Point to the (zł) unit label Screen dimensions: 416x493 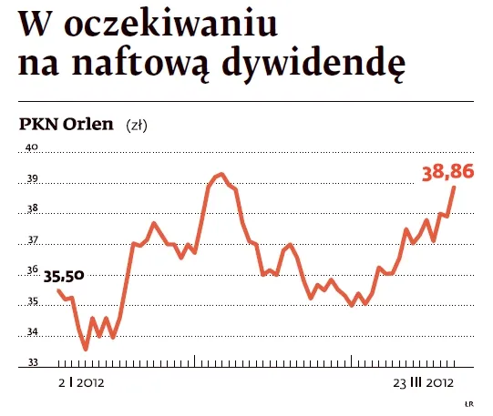tap(137, 125)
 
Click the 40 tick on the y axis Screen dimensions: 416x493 tap(31, 147)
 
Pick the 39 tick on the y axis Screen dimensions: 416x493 tap(31, 178)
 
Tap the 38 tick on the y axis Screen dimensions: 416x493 tap(31, 209)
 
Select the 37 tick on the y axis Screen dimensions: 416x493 tap(31, 240)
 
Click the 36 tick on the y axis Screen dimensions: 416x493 tap(31, 270)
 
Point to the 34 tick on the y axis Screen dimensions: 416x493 tap(31, 332)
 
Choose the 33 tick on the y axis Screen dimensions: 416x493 tap(31, 363)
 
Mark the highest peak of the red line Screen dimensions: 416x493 tap(220, 174)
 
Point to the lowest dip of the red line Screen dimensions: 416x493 tap(86, 349)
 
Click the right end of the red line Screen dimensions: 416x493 tap(455, 187)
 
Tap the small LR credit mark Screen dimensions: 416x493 tap(468, 402)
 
